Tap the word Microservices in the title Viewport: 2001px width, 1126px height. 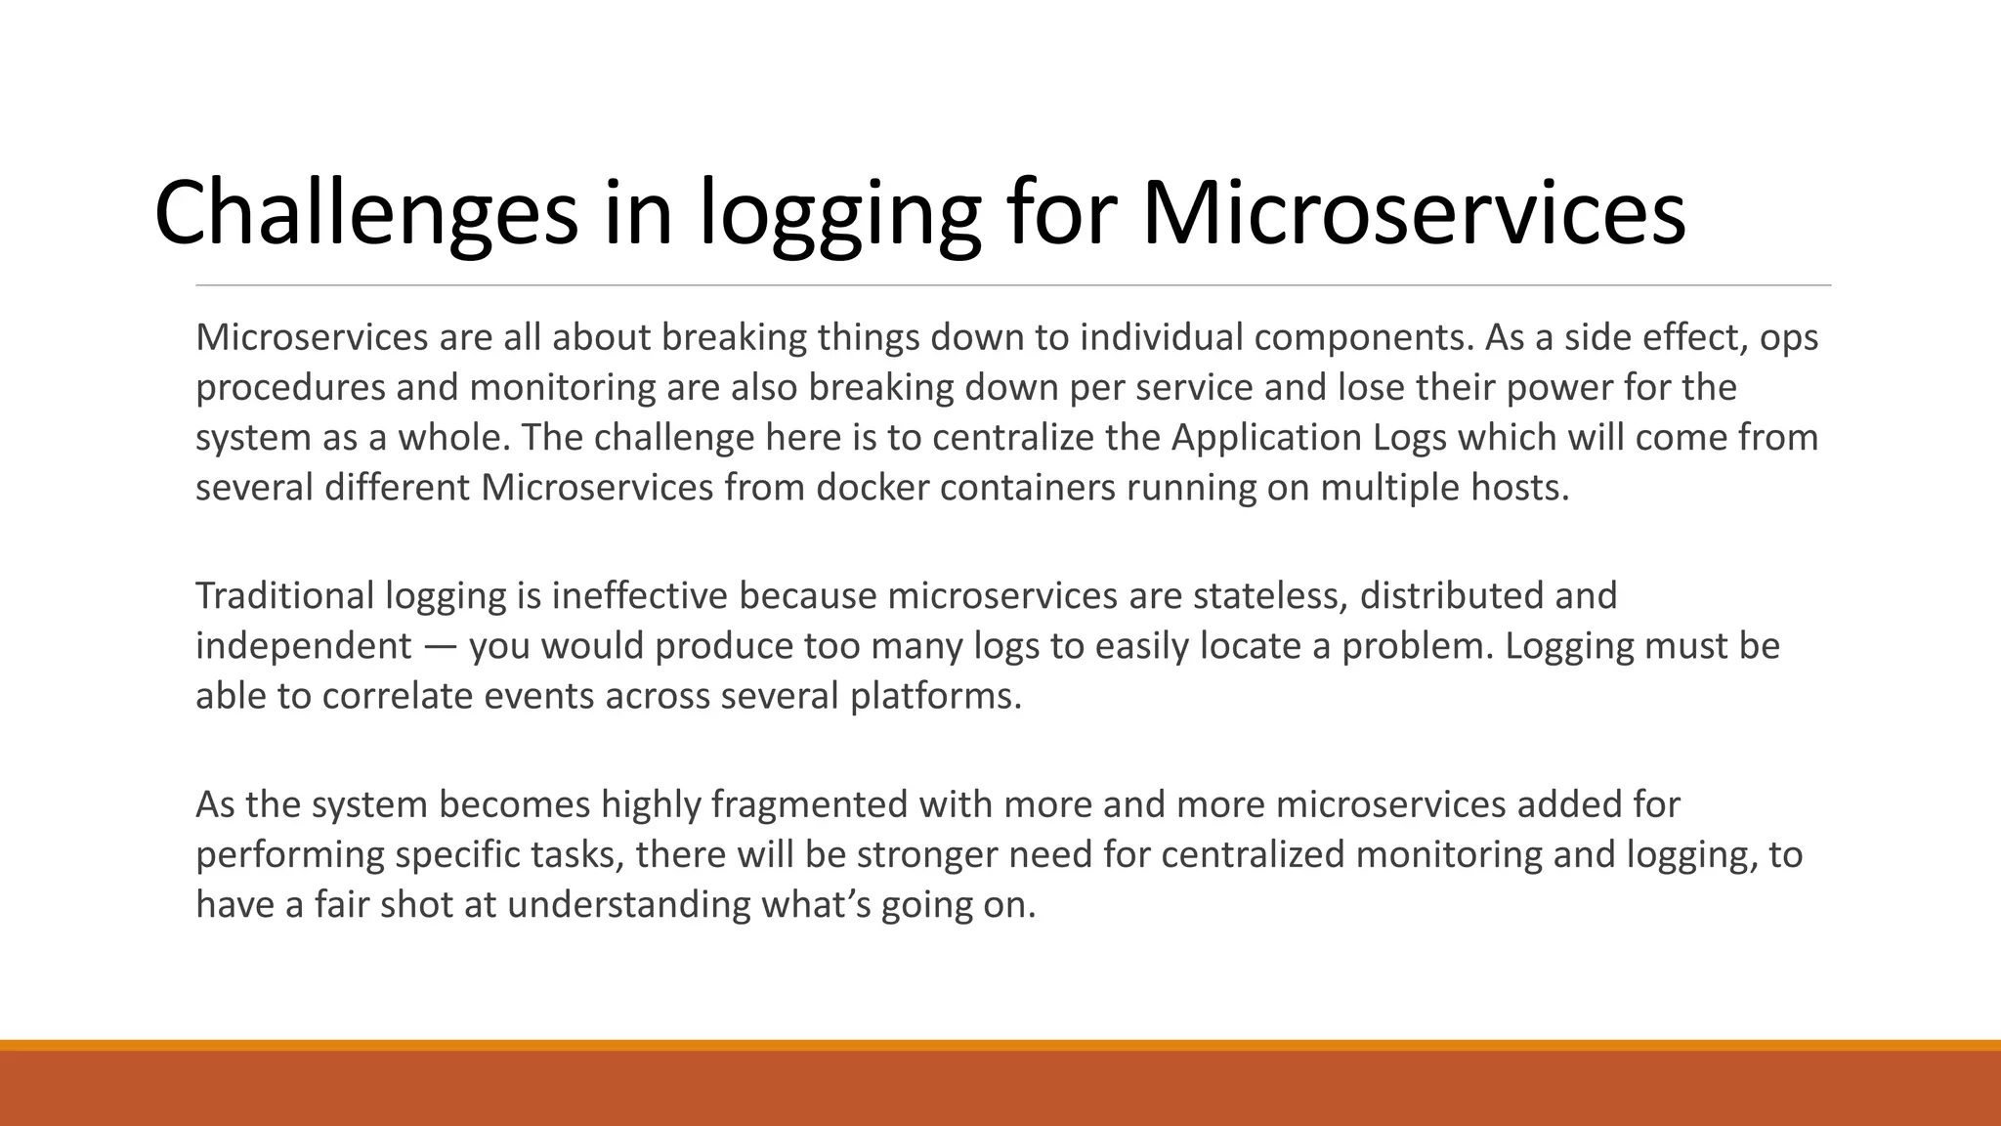(1413, 213)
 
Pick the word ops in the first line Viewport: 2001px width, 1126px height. (1789, 338)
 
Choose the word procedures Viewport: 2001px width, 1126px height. (290, 387)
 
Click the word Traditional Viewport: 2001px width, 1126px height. (284, 595)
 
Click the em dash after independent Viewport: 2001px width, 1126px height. (440, 646)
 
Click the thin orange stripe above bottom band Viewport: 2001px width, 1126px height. (1000, 1045)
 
